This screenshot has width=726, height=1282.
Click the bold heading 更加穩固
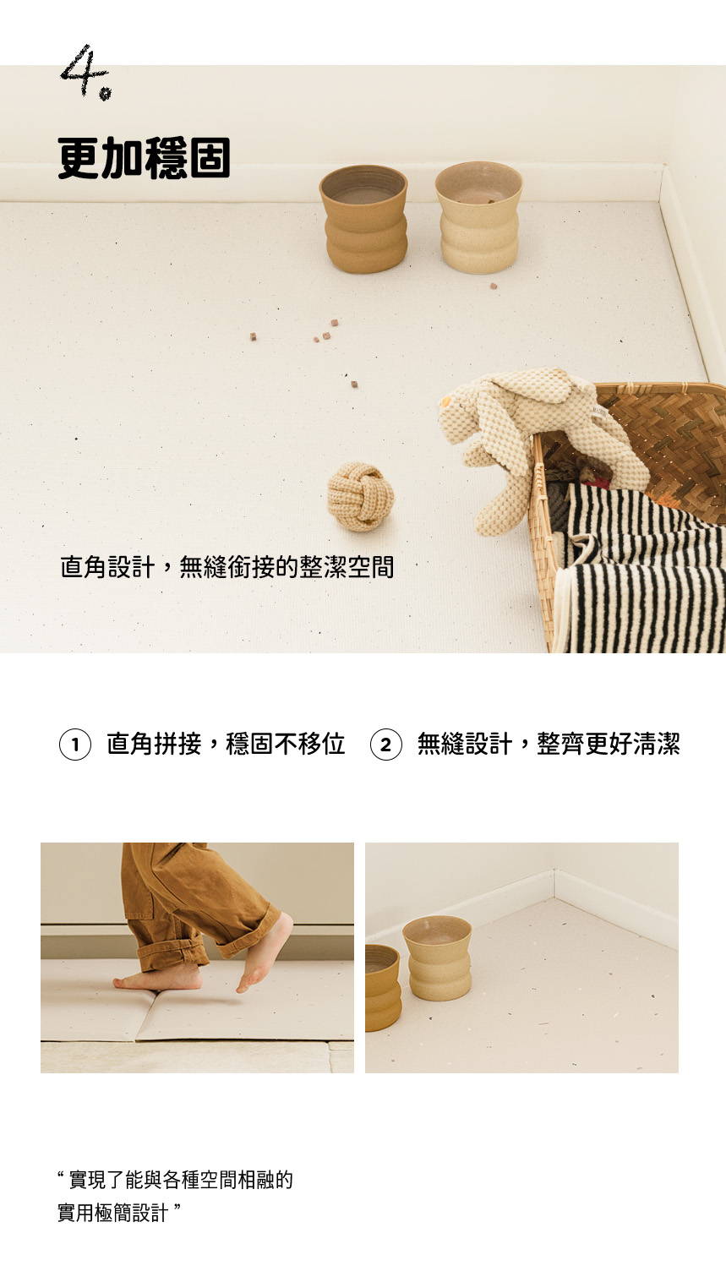[x=145, y=158]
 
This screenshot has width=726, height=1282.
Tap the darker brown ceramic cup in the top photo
[x=363, y=219]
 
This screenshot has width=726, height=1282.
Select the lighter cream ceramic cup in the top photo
[x=478, y=217]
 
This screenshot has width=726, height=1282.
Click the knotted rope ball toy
[x=361, y=496]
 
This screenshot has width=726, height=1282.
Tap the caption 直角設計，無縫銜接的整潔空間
[x=227, y=567]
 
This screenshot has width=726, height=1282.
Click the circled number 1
[x=75, y=745]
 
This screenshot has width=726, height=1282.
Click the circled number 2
[x=386, y=745]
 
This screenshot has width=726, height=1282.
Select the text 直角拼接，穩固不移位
[x=227, y=744]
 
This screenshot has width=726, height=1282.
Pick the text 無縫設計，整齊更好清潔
[x=549, y=744]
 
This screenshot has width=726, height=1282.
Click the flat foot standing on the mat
[x=159, y=979]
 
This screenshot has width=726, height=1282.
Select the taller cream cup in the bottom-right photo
[x=438, y=958]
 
